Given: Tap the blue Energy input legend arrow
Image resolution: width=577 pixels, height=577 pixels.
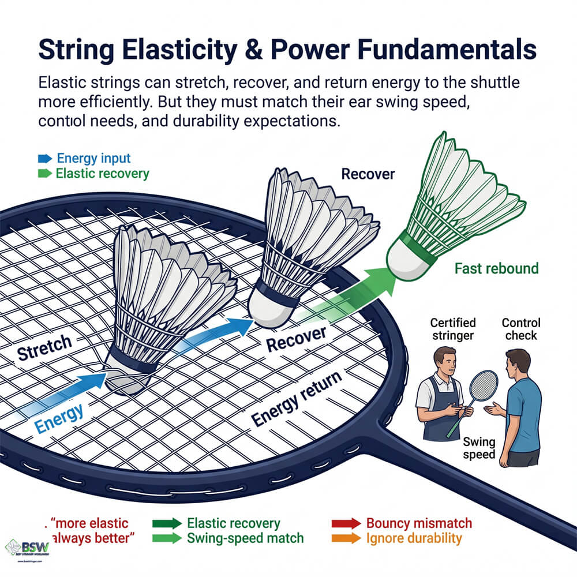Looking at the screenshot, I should click(44, 158).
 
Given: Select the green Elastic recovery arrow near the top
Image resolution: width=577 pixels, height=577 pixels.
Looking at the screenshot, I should click(44, 173).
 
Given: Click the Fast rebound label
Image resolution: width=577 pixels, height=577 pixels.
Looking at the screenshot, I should click(496, 268).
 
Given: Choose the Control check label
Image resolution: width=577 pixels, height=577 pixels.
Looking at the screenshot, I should click(520, 329).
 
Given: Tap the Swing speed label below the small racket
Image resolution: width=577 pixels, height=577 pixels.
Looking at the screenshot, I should click(479, 448).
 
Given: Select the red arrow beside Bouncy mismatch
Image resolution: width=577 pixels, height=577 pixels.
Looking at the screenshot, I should click(346, 524).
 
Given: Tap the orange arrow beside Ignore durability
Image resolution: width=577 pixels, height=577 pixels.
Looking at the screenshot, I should click(346, 539).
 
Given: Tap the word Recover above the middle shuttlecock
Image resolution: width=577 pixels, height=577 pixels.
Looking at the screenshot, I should click(368, 174).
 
